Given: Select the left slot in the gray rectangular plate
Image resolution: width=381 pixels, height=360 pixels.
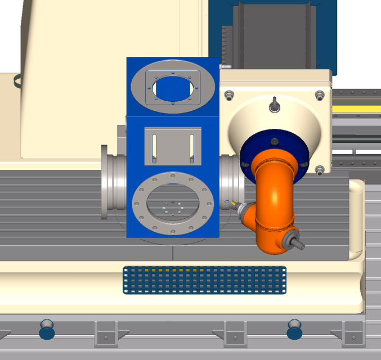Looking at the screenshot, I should [154, 146].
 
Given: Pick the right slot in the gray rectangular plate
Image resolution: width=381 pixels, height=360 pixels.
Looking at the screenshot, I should [192, 146].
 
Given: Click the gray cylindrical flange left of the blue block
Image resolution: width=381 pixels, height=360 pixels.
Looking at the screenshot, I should [113, 181].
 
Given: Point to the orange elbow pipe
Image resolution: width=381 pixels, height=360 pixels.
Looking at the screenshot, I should [274, 197].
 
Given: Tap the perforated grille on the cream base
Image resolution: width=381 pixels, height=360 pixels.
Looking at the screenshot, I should [204, 280].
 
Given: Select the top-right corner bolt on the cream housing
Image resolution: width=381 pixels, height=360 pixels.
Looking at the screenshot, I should [320, 95].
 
